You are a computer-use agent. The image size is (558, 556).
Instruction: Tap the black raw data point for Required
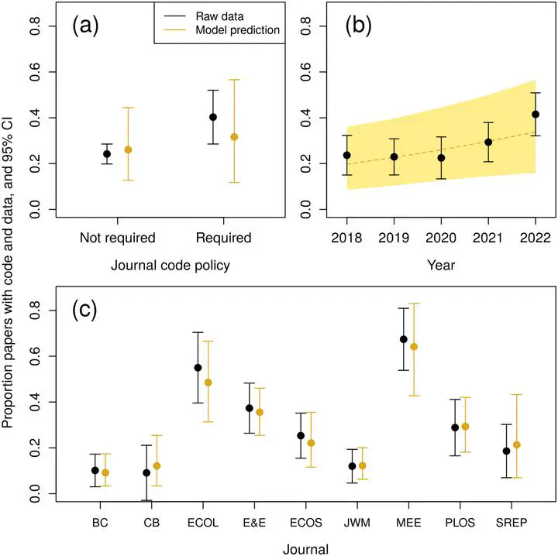point(213,117)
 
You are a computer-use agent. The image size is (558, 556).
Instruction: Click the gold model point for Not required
point(129,149)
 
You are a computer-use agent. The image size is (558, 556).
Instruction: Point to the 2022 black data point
point(536,115)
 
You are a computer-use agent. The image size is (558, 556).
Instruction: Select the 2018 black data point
point(346,155)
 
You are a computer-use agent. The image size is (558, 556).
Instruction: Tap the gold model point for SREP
point(517,444)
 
